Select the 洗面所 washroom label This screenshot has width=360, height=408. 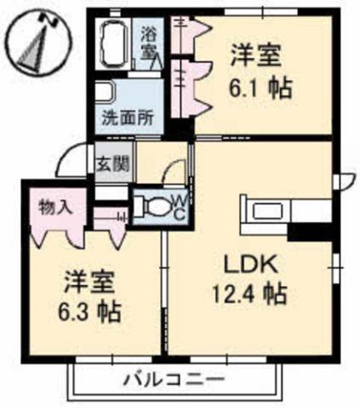pos(128,118)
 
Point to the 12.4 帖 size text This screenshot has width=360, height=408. pos(248,296)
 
